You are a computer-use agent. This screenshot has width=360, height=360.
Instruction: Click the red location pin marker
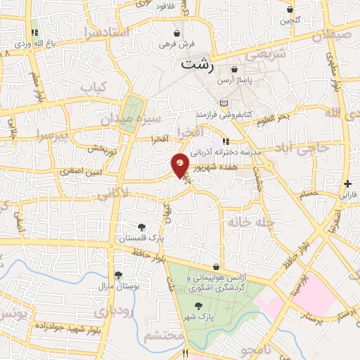pos(180,165)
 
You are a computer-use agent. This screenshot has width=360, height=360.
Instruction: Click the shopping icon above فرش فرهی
pos(175,33)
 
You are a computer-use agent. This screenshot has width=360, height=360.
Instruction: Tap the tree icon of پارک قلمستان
pos(142,226)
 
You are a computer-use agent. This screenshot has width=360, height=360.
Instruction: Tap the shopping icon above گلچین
pos(290,10)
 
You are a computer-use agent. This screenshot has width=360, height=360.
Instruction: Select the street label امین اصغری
pos(82,171)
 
